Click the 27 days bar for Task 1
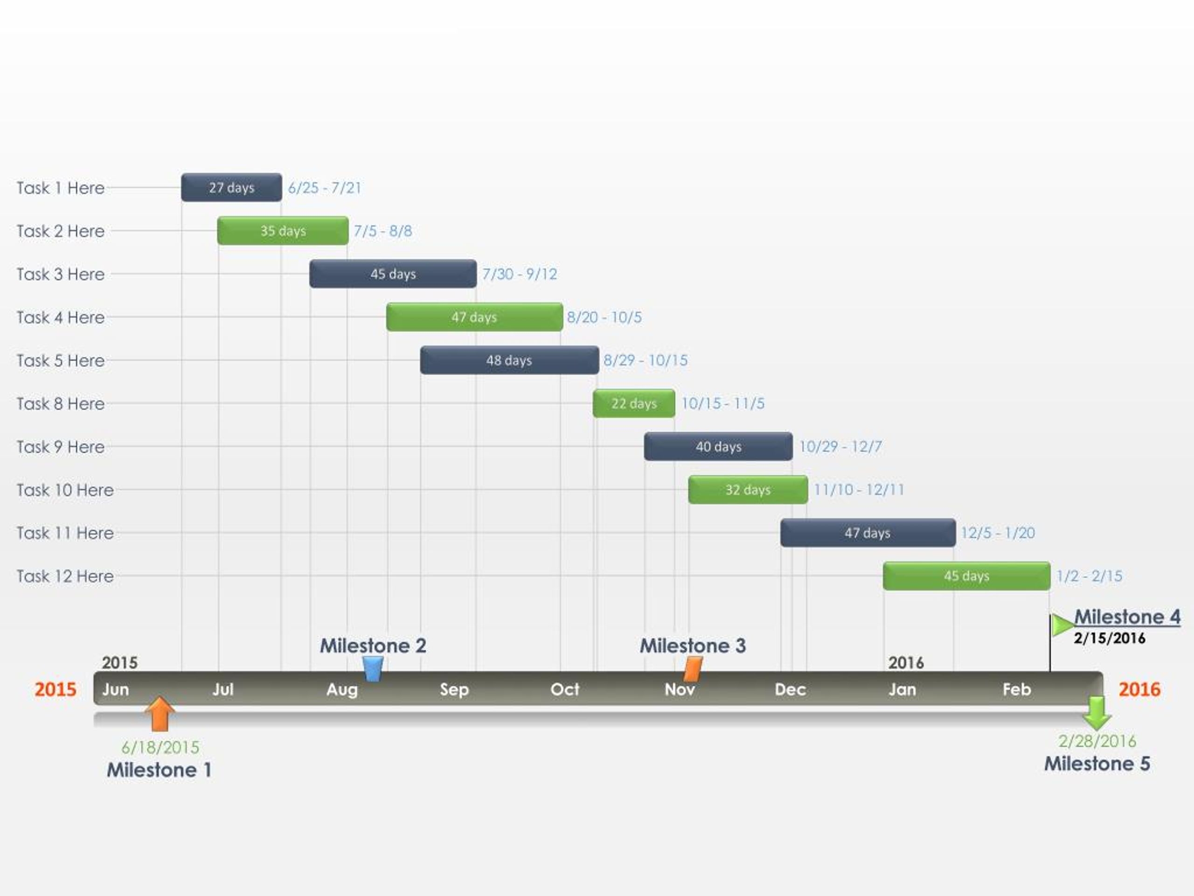tap(231, 188)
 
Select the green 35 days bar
tap(283, 231)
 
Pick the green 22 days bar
tap(634, 404)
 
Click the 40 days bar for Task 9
tap(718, 447)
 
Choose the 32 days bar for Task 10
tap(748, 490)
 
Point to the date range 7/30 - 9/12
tap(519, 274)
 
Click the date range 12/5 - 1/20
tap(998, 533)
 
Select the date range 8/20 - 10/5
tap(604, 317)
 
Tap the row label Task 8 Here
tap(61, 404)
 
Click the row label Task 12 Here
tap(65, 576)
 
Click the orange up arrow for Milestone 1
tap(160, 714)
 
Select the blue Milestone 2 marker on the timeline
tap(373, 669)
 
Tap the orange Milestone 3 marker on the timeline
tap(693, 669)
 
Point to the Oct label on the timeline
tap(565, 689)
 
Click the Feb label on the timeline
tap(1016, 689)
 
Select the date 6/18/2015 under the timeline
tap(160, 748)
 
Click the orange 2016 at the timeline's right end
tap(1139, 689)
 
